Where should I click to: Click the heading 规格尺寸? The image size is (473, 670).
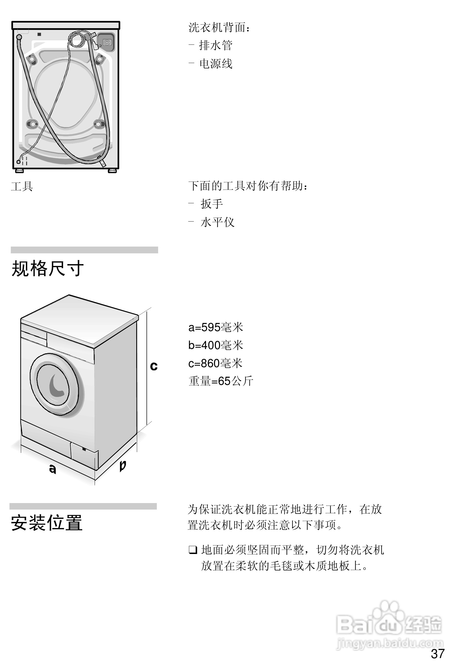pyautogui.click(x=48, y=268)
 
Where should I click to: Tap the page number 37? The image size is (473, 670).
pyautogui.click(x=438, y=654)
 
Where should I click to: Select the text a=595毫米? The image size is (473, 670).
pyautogui.click(x=216, y=327)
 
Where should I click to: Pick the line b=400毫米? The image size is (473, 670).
pyautogui.click(x=216, y=345)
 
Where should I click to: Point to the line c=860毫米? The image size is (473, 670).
pyautogui.click(x=215, y=363)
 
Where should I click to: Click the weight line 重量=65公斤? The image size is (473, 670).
pyautogui.click(x=221, y=381)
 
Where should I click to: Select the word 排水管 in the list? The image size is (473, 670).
pyautogui.click(x=216, y=45)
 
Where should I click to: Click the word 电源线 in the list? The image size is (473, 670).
pyautogui.click(x=216, y=64)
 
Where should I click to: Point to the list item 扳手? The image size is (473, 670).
pyautogui.click(x=212, y=204)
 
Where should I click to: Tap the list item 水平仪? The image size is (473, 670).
pyautogui.click(x=217, y=222)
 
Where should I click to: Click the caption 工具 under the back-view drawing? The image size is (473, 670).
pyautogui.click(x=22, y=186)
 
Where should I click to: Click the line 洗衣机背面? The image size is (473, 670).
pyautogui.click(x=219, y=27)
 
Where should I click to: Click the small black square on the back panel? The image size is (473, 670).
pyautogui.click(x=39, y=34)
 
